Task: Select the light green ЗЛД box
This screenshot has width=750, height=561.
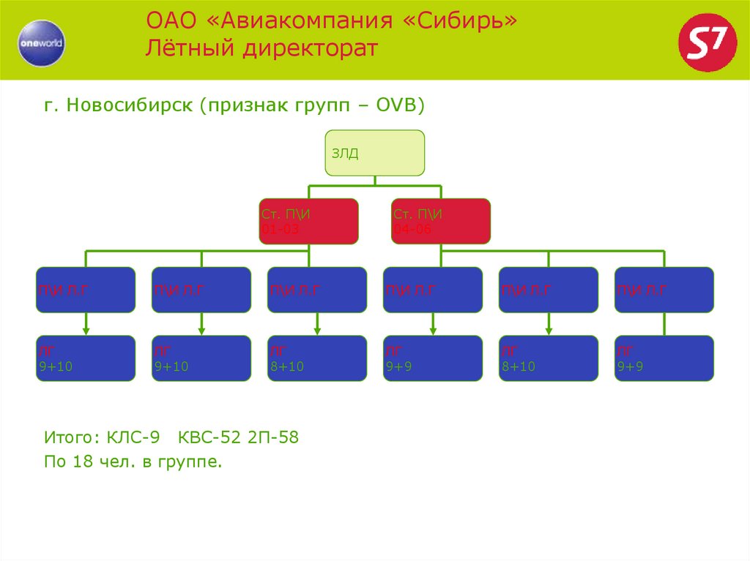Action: click(374, 153)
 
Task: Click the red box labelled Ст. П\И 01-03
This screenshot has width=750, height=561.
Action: click(308, 221)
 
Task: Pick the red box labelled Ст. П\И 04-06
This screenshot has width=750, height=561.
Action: click(441, 221)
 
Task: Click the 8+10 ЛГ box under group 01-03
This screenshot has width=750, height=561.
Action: click(317, 358)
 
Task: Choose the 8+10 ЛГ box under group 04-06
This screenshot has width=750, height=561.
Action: click(549, 358)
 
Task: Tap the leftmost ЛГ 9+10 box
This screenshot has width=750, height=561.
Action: click(86, 358)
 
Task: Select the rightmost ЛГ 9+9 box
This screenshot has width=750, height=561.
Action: click(664, 358)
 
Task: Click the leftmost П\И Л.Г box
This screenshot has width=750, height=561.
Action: click(86, 290)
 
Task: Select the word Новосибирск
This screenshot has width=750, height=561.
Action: click(128, 105)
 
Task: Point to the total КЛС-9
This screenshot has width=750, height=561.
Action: click(133, 438)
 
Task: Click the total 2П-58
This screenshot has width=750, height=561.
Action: click(272, 438)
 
